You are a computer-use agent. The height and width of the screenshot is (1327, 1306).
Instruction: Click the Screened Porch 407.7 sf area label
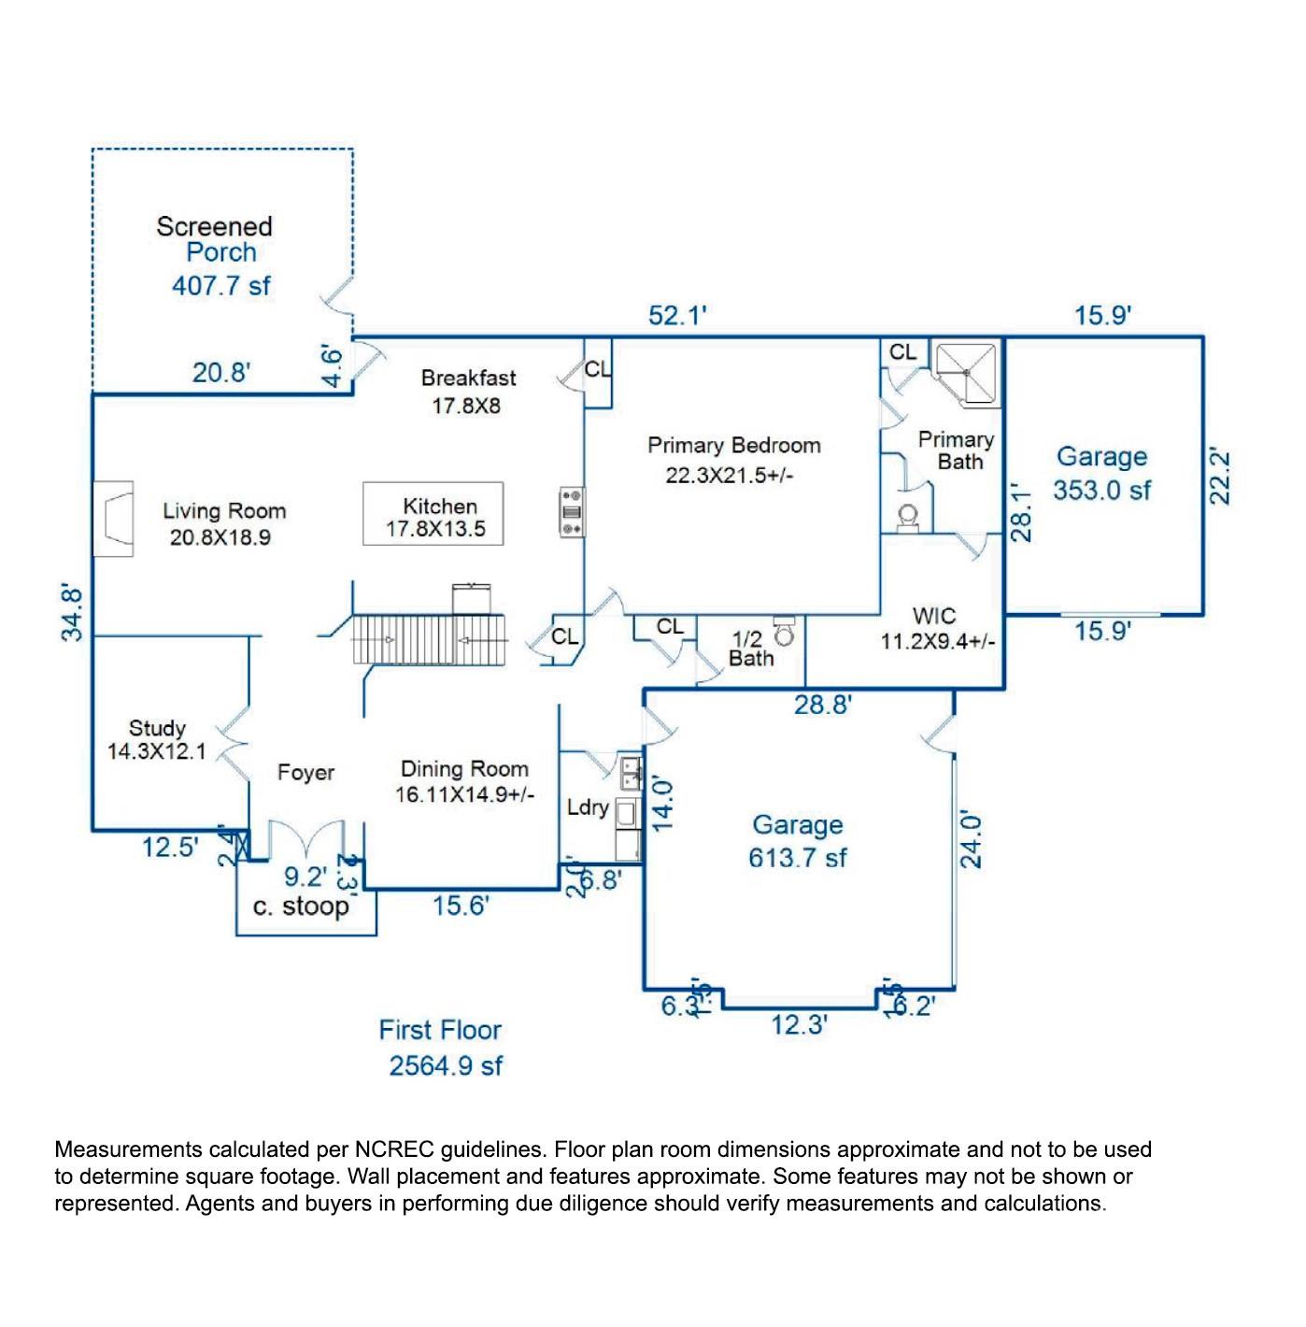click(217, 256)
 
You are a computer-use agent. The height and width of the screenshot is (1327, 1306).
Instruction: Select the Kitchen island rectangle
click(433, 514)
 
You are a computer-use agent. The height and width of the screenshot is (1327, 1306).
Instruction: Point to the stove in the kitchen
click(572, 512)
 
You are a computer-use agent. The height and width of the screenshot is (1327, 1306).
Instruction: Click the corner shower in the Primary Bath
click(967, 374)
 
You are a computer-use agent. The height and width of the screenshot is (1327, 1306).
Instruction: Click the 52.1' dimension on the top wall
click(678, 316)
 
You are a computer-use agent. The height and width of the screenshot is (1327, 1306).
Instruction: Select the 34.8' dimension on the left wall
click(73, 613)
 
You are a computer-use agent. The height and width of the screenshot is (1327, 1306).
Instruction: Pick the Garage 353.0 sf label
click(1101, 473)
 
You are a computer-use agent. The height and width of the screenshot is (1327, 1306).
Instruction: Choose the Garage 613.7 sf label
click(797, 841)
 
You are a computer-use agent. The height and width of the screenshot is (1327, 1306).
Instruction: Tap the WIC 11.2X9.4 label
click(936, 628)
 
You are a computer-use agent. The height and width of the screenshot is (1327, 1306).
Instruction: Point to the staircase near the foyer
click(430, 640)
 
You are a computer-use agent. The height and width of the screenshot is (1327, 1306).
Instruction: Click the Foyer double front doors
click(306, 837)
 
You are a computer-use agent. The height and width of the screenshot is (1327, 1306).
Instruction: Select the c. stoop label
click(301, 906)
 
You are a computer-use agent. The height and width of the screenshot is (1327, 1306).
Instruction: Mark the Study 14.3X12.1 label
click(157, 739)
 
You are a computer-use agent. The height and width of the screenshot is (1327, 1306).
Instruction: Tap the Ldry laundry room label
click(588, 806)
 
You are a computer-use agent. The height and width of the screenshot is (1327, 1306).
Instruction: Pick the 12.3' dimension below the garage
click(800, 1025)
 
